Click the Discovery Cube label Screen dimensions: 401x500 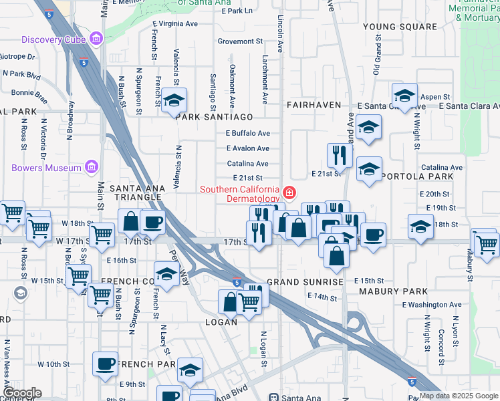[56, 39]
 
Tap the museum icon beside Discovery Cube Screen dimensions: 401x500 [98, 39]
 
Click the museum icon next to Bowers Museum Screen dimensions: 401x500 [92, 167]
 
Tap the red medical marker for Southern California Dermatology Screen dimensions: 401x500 [289, 194]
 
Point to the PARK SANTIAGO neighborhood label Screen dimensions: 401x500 [215, 116]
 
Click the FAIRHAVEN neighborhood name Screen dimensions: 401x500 [314, 106]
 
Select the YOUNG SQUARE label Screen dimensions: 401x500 [399, 27]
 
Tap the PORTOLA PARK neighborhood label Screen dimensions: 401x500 [418, 176]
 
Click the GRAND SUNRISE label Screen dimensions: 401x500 [305, 282]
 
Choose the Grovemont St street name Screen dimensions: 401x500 [240, 41]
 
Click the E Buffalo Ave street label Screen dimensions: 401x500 [248, 133]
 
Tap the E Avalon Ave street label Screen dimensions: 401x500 [248, 148]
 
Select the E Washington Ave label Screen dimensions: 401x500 [432, 305]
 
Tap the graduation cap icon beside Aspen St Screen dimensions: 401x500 [404, 94]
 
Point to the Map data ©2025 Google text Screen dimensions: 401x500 [459, 396]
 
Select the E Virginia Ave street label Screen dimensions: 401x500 [175, 23]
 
